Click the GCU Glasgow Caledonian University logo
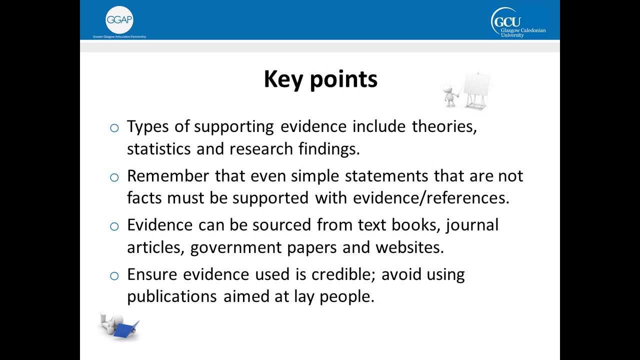pos(518,23)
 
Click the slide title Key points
pos(320,79)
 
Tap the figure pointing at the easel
pos(450,95)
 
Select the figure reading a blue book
pos(118,326)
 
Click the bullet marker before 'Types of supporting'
pos(114,128)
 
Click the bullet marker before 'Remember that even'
pos(114,177)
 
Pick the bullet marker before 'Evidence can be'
pos(114,226)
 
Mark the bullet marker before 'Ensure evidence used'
pos(114,275)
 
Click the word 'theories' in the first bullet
pos(444,127)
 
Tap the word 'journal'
pos(472,225)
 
